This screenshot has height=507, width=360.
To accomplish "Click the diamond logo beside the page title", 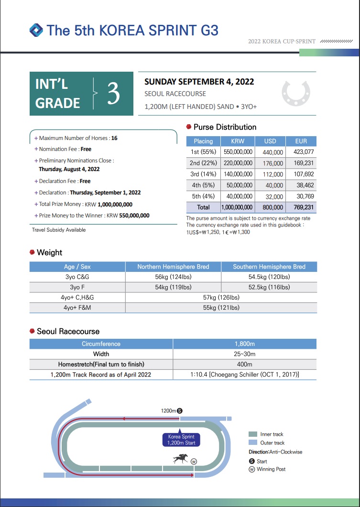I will coord(36,30).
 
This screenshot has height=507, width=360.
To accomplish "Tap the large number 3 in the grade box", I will coord(113,93).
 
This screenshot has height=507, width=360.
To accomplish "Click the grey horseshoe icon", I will coord(296,93).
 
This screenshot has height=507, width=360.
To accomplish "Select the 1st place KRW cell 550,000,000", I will coord(238,152).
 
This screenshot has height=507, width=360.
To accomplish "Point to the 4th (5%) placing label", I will coord(203,185).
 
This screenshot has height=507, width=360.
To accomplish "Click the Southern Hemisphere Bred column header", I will coord(269,267).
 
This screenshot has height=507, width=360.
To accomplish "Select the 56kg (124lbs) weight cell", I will coord(173,277).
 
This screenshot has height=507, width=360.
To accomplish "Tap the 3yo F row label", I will coord(77,287).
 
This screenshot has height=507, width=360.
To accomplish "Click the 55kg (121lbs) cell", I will coord(221,308).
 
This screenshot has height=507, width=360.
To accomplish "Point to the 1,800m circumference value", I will coord(244,344).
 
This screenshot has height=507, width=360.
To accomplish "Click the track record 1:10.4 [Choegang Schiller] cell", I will coord(244,375).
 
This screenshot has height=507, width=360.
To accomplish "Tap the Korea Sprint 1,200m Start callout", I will coord(181,440).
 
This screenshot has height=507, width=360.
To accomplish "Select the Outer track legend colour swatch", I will coord(253,442).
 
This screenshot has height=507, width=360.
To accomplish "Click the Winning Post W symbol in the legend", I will coord(252,469).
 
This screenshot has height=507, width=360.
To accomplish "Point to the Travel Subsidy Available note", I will coord(59,230).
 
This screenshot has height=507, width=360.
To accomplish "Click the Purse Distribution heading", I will coord(224,127).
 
